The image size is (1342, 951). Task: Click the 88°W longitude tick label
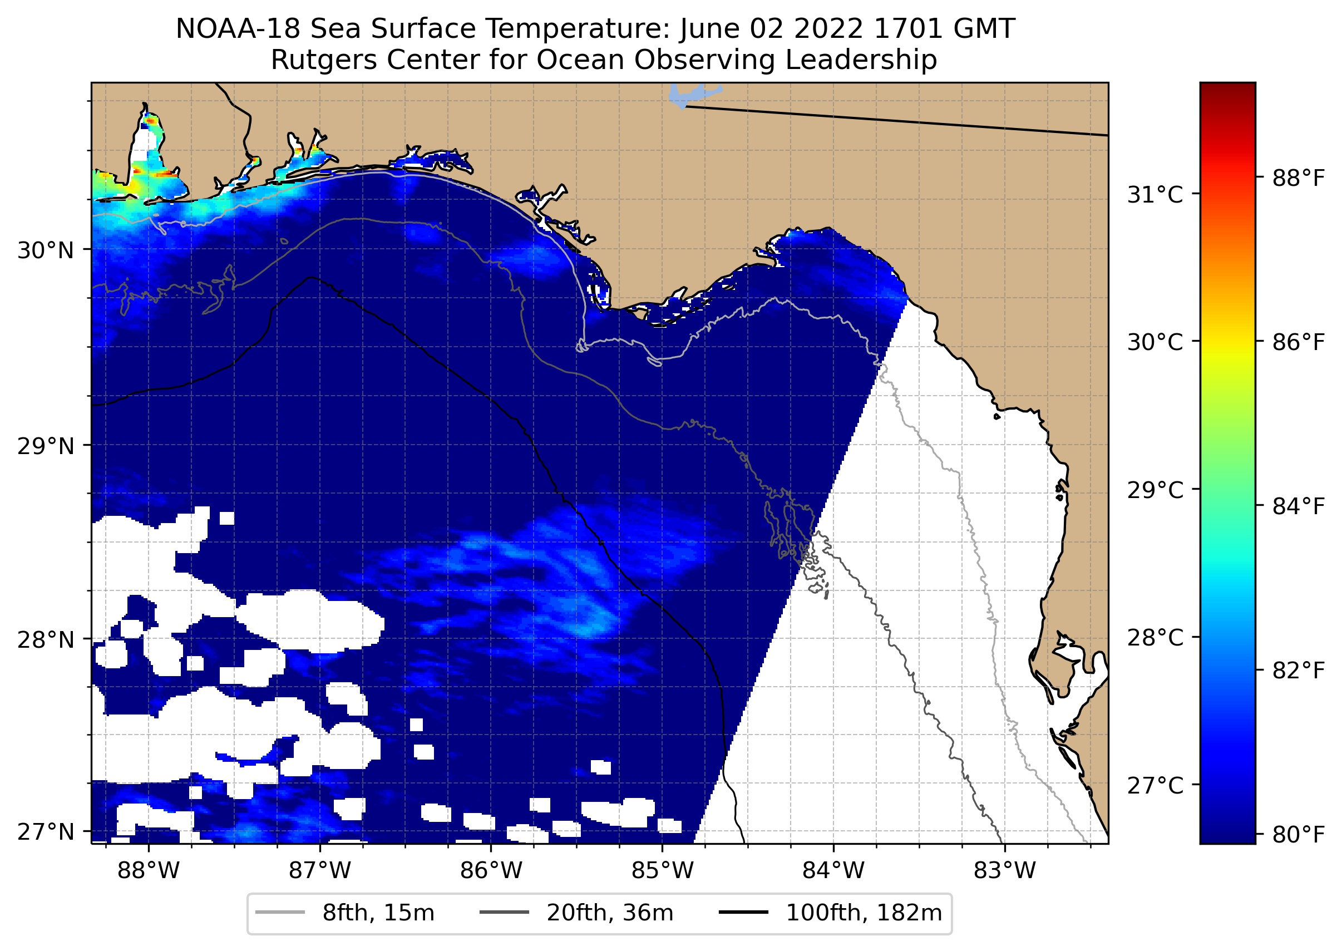(x=148, y=871)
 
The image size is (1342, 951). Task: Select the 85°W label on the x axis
(x=662, y=871)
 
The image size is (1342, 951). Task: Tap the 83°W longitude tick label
(x=1005, y=871)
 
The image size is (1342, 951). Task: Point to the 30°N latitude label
(x=46, y=250)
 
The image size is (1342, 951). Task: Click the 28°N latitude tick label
(x=46, y=640)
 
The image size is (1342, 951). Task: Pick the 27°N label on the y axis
(x=46, y=831)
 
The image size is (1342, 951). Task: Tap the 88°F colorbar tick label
(x=1299, y=178)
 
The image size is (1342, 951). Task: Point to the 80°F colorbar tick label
(x=1299, y=835)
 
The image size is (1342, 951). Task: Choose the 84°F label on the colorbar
(x=1299, y=506)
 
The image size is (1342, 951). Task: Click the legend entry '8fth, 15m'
(x=378, y=913)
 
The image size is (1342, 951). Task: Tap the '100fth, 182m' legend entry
(x=863, y=913)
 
